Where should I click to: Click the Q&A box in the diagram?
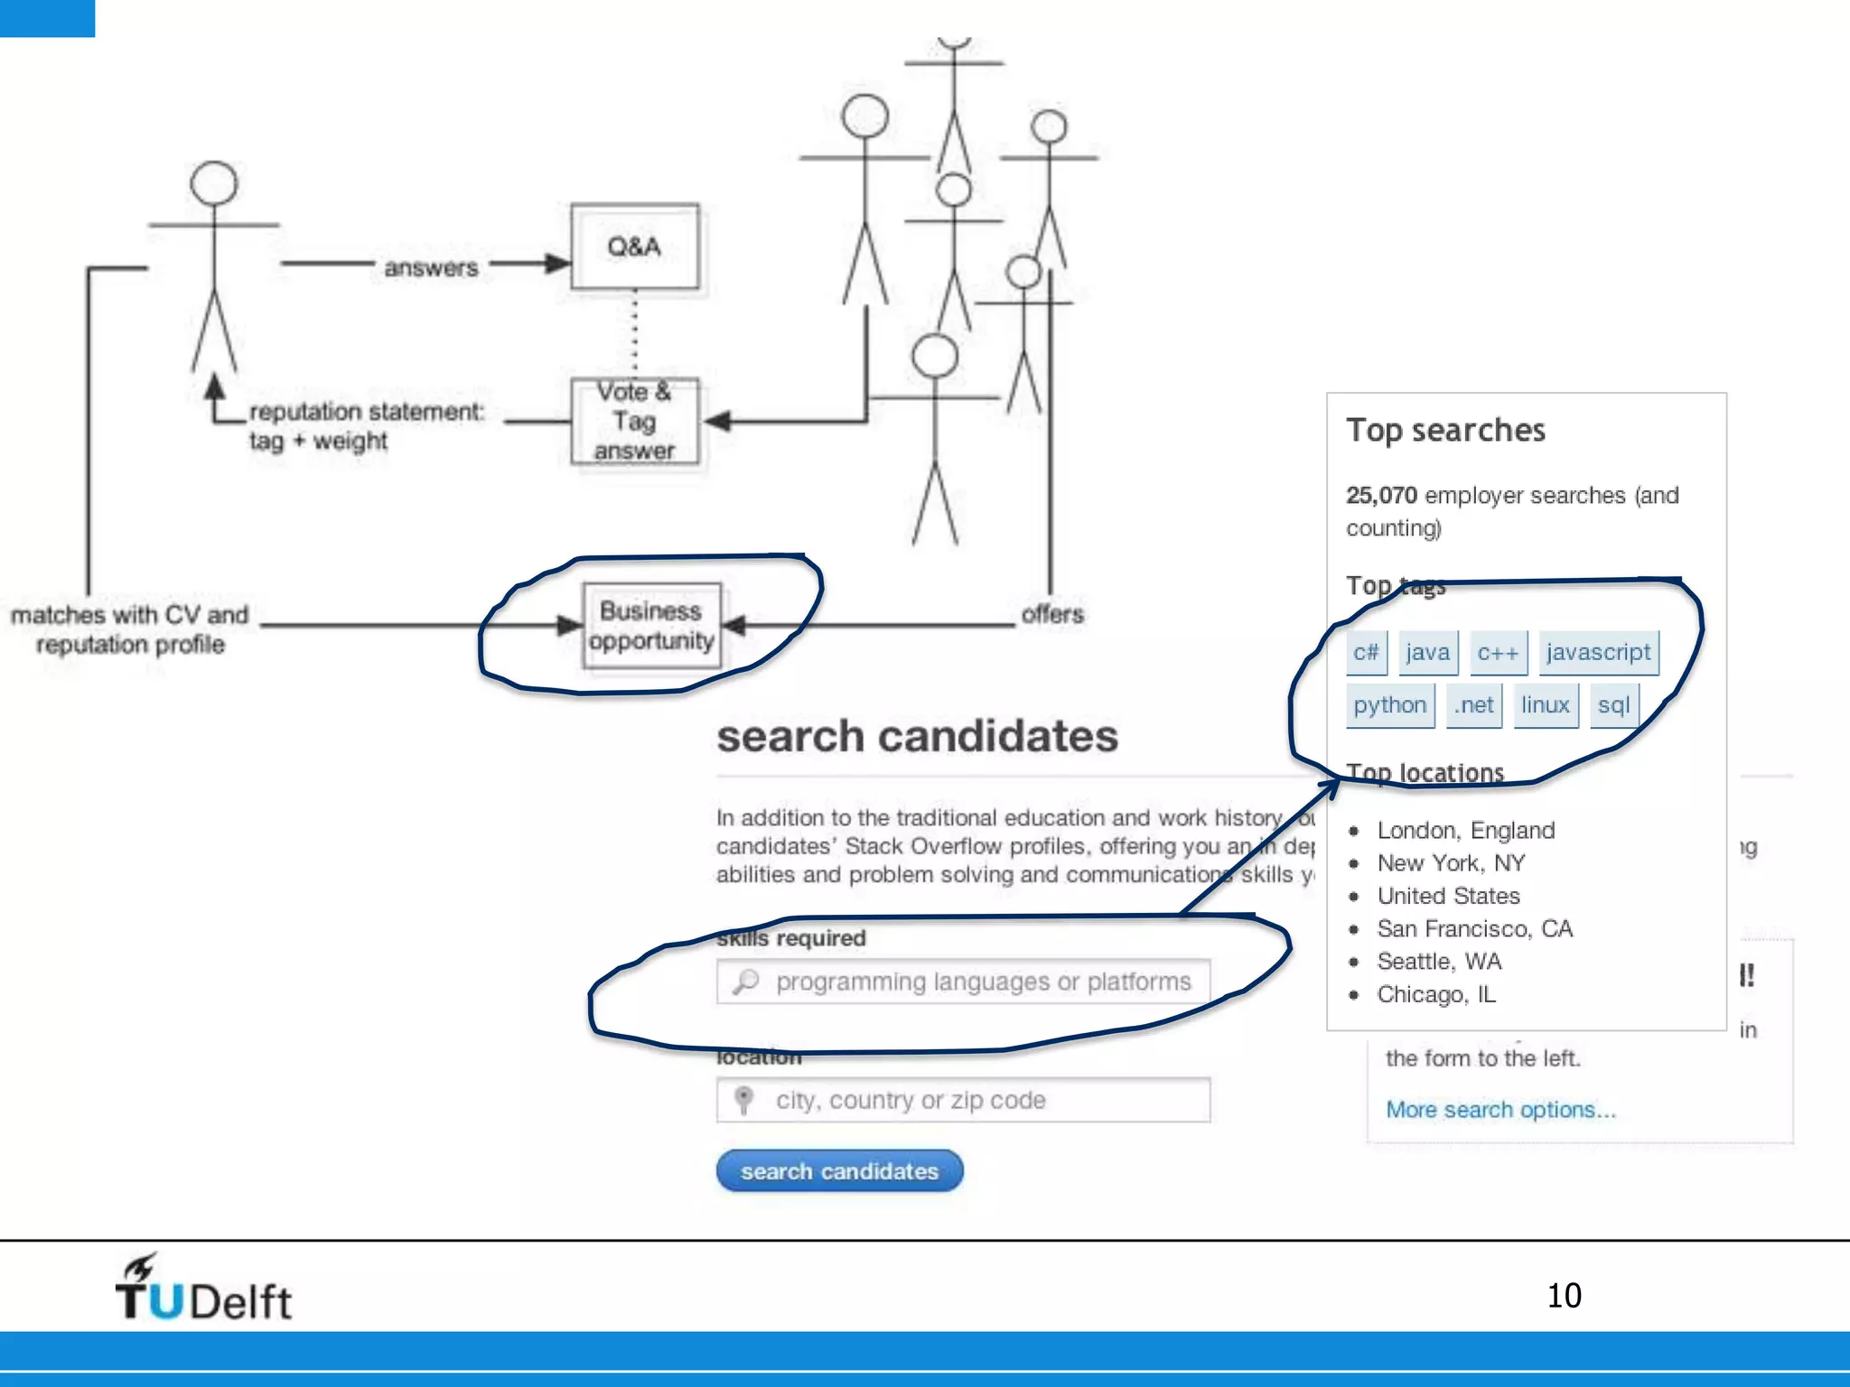pyautogui.click(x=634, y=247)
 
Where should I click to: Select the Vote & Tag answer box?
pyautogui.click(x=634, y=421)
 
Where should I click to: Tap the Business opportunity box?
pyautogui.click(x=651, y=626)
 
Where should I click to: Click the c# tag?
pyautogui.click(x=1366, y=652)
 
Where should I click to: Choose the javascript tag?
pyautogui.click(x=1598, y=652)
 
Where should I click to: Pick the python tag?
pyautogui.click(x=1389, y=705)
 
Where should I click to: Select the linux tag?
pyautogui.click(x=1545, y=705)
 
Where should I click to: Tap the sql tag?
pyautogui.click(x=1613, y=705)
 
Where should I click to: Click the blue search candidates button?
pyautogui.click(x=839, y=1171)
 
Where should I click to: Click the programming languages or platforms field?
pyautogui.click(x=963, y=982)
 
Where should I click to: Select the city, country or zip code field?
pyautogui.click(x=963, y=1100)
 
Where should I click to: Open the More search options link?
pyautogui.click(x=1500, y=1110)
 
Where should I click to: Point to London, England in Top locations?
pyautogui.click(x=1465, y=830)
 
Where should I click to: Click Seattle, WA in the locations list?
pyautogui.click(x=1439, y=962)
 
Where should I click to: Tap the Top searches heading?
pyautogui.click(x=1445, y=431)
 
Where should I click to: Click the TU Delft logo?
pyautogui.click(x=203, y=1289)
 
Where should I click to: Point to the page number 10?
pyautogui.click(x=1564, y=1296)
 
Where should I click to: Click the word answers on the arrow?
pyautogui.click(x=431, y=268)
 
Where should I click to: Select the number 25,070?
pyautogui.click(x=1381, y=496)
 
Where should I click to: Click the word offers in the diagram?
pyautogui.click(x=1052, y=615)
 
